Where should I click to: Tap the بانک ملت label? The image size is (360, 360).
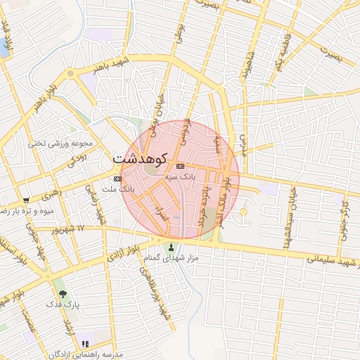[117, 190]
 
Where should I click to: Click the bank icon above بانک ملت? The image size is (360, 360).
[117, 179]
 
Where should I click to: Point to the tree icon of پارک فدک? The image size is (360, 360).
[65, 292]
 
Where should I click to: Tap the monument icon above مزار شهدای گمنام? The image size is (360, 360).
[172, 247]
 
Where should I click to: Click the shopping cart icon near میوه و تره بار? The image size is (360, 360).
[26, 200]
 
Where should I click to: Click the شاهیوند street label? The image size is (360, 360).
[246, 69]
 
